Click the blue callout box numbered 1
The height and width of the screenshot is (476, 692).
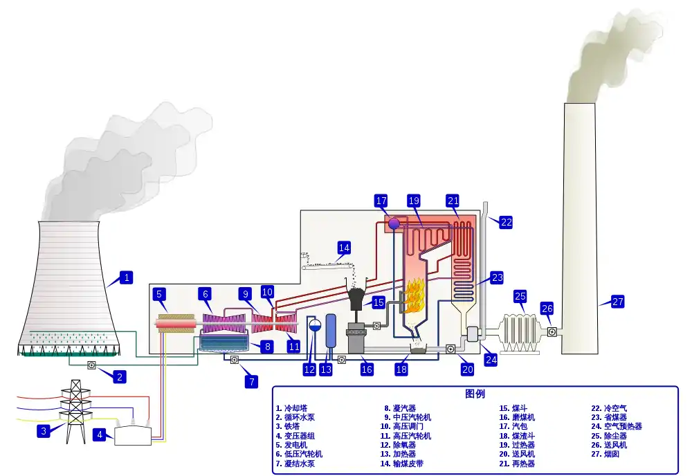point(127,277)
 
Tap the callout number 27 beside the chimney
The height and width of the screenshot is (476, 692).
point(618,302)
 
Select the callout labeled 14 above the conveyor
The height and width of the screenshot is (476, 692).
point(344,248)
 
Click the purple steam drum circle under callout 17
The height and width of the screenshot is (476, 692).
point(394,224)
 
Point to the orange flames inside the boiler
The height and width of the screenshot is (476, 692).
point(414,296)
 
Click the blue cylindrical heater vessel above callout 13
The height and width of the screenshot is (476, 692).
point(331,331)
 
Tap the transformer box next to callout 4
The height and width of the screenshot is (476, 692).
point(133,434)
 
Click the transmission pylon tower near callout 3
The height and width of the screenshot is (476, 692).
point(75,411)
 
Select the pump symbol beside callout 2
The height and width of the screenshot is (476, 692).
point(92,365)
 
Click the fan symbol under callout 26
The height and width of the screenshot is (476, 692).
point(552,331)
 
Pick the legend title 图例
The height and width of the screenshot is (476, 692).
point(475,394)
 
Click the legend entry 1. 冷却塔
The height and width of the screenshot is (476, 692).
point(292,408)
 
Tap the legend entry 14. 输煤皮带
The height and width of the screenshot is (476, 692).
point(402,464)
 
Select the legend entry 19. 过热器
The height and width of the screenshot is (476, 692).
point(517,445)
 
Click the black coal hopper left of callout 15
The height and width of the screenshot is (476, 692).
point(356,298)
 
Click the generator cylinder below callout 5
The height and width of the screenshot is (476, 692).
point(175,324)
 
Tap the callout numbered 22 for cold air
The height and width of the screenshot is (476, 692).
point(507,222)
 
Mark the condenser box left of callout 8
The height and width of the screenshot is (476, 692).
point(224,342)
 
